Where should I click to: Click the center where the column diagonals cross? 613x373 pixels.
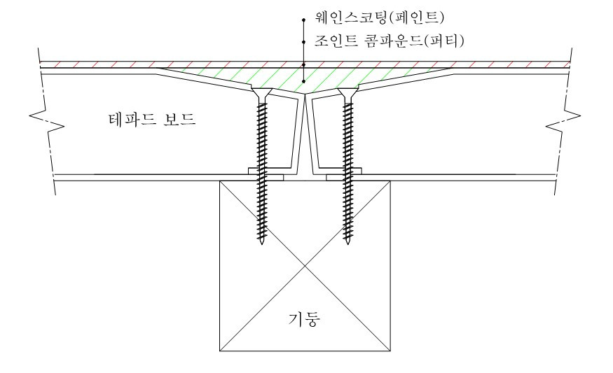[305, 265]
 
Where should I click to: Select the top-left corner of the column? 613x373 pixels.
[220, 181]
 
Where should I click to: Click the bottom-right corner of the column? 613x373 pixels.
[390, 349]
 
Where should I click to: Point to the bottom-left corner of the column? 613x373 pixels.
[220, 349]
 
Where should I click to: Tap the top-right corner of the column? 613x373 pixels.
[390, 181]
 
